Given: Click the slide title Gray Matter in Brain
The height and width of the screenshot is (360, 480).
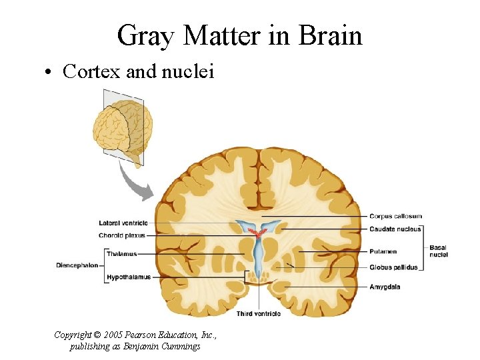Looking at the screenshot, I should (239, 35).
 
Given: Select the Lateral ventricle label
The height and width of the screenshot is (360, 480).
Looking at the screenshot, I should (123, 223).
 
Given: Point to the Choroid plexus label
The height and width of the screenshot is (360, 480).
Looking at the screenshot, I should (122, 235).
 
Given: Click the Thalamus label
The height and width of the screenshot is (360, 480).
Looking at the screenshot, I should (121, 254).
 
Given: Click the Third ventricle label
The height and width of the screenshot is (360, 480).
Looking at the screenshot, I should (259, 313).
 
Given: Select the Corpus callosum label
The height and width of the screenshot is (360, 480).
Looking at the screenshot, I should (395, 216).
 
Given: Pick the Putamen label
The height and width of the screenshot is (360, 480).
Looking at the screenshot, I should (383, 251).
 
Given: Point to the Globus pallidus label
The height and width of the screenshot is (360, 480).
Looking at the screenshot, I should (393, 267).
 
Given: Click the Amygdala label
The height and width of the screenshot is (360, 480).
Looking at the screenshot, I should (385, 287).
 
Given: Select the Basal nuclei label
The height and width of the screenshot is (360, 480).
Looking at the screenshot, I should (439, 251).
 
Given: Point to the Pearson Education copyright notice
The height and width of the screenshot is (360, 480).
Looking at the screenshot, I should (135, 335).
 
